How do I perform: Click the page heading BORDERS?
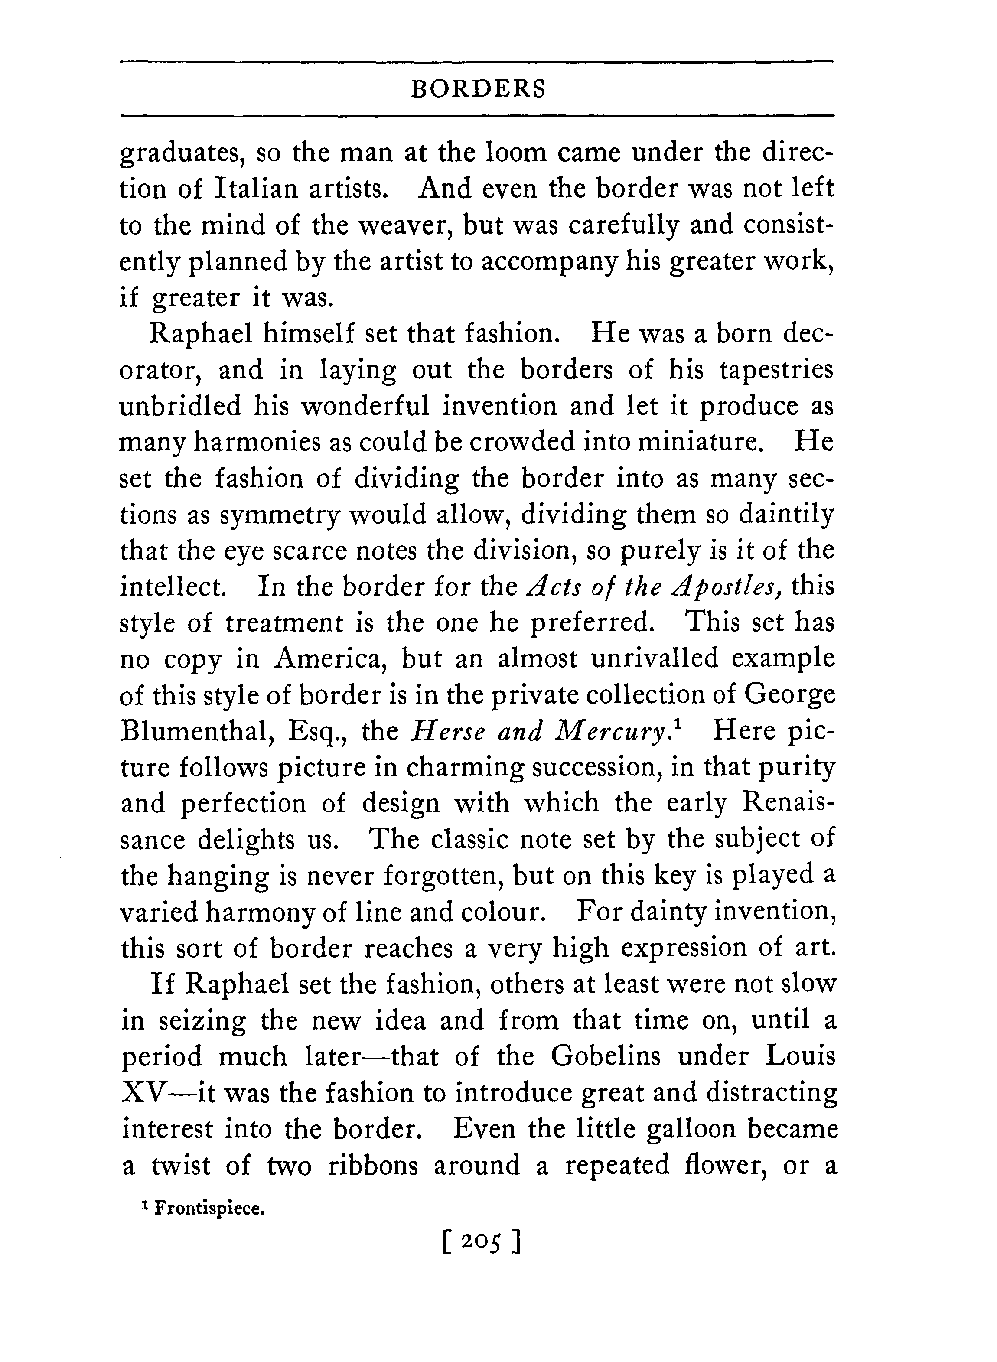pyautogui.click(x=478, y=89)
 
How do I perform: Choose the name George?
pyautogui.click(x=789, y=695)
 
